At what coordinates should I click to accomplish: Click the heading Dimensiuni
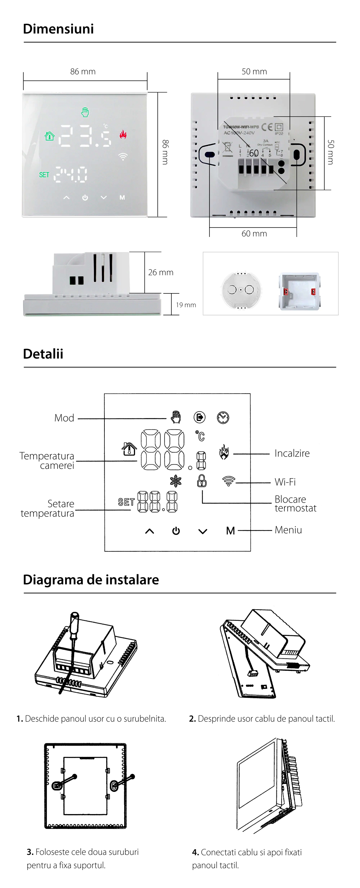click(x=58, y=29)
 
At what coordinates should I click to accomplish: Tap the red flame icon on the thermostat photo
click(x=123, y=135)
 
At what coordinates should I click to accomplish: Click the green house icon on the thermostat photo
click(x=50, y=136)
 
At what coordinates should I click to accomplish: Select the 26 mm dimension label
click(x=161, y=273)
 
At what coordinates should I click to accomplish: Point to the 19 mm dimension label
click(x=186, y=305)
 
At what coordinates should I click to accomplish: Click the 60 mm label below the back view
click(x=254, y=234)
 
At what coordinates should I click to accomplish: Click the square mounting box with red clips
click(x=299, y=291)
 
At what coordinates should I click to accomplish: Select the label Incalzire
click(x=292, y=453)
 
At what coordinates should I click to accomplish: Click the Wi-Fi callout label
click(x=285, y=482)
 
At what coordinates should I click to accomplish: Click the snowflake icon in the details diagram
click(x=176, y=481)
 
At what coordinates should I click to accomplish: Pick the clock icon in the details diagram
click(x=223, y=417)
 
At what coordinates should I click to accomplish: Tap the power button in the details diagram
click(x=176, y=531)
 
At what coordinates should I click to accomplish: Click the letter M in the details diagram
click(x=230, y=531)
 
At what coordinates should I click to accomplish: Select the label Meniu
click(x=288, y=530)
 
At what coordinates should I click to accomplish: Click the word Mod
click(x=64, y=418)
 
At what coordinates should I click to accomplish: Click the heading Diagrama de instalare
click(x=91, y=580)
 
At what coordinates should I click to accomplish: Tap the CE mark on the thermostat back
click(x=267, y=127)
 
